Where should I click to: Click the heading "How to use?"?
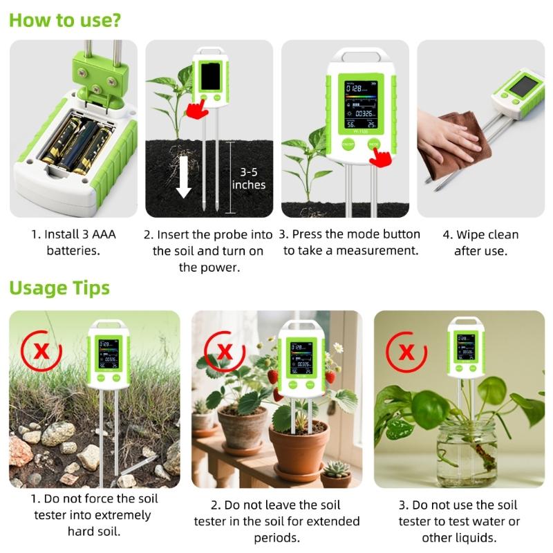pos(65,19)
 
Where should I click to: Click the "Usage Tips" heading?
pos(59,288)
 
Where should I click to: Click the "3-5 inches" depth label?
pos(248,178)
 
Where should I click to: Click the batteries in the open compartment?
pos(77,142)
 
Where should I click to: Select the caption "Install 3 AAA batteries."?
pos(73,242)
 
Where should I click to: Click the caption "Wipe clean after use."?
pos(480,242)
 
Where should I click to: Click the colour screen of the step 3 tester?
pos(361,104)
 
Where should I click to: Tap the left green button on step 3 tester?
pos(348,144)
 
